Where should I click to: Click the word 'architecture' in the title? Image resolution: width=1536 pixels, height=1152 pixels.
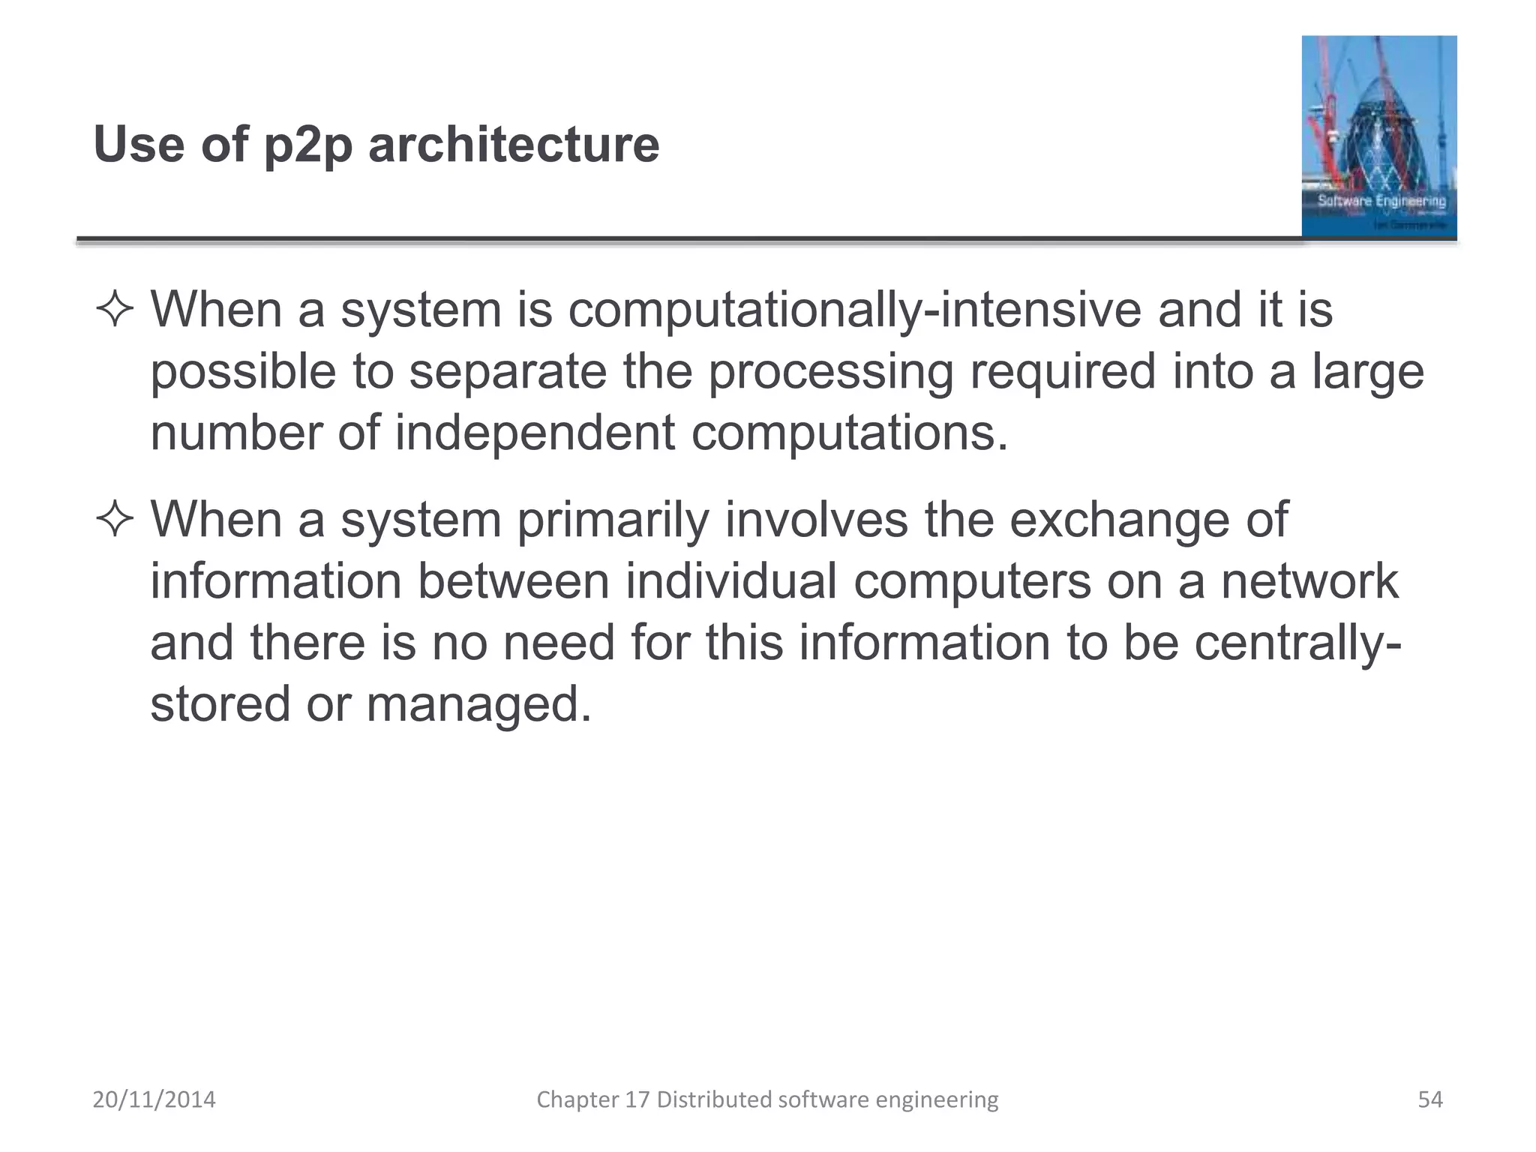[x=514, y=144]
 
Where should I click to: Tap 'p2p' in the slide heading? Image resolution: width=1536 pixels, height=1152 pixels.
[x=307, y=145]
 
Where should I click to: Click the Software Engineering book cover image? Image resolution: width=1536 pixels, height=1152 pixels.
[x=1378, y=136]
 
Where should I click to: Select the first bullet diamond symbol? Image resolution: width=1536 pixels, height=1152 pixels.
[x=115, y=310]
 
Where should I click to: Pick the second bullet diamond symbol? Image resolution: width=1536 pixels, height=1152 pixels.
[x=115, y=520]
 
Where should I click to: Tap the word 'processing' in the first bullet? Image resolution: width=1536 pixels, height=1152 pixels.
[x=830, y=373]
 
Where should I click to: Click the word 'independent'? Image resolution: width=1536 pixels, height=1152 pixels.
[x=534, y=433]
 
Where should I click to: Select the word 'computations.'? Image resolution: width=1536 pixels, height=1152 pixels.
[x=849, y=433]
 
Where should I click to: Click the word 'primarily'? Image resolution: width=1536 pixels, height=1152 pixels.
[x=613, y=520]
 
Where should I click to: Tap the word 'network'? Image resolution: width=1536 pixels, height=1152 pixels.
[x=1309, y=581]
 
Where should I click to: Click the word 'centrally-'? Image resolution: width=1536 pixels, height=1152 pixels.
[x=1297, y=643]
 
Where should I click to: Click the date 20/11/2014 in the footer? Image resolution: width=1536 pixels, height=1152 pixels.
[x=154, y=1099]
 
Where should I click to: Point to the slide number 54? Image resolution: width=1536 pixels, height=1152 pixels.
[x=1430, y=1099]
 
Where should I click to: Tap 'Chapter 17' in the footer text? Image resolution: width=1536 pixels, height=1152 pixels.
[x=593, y=1099]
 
